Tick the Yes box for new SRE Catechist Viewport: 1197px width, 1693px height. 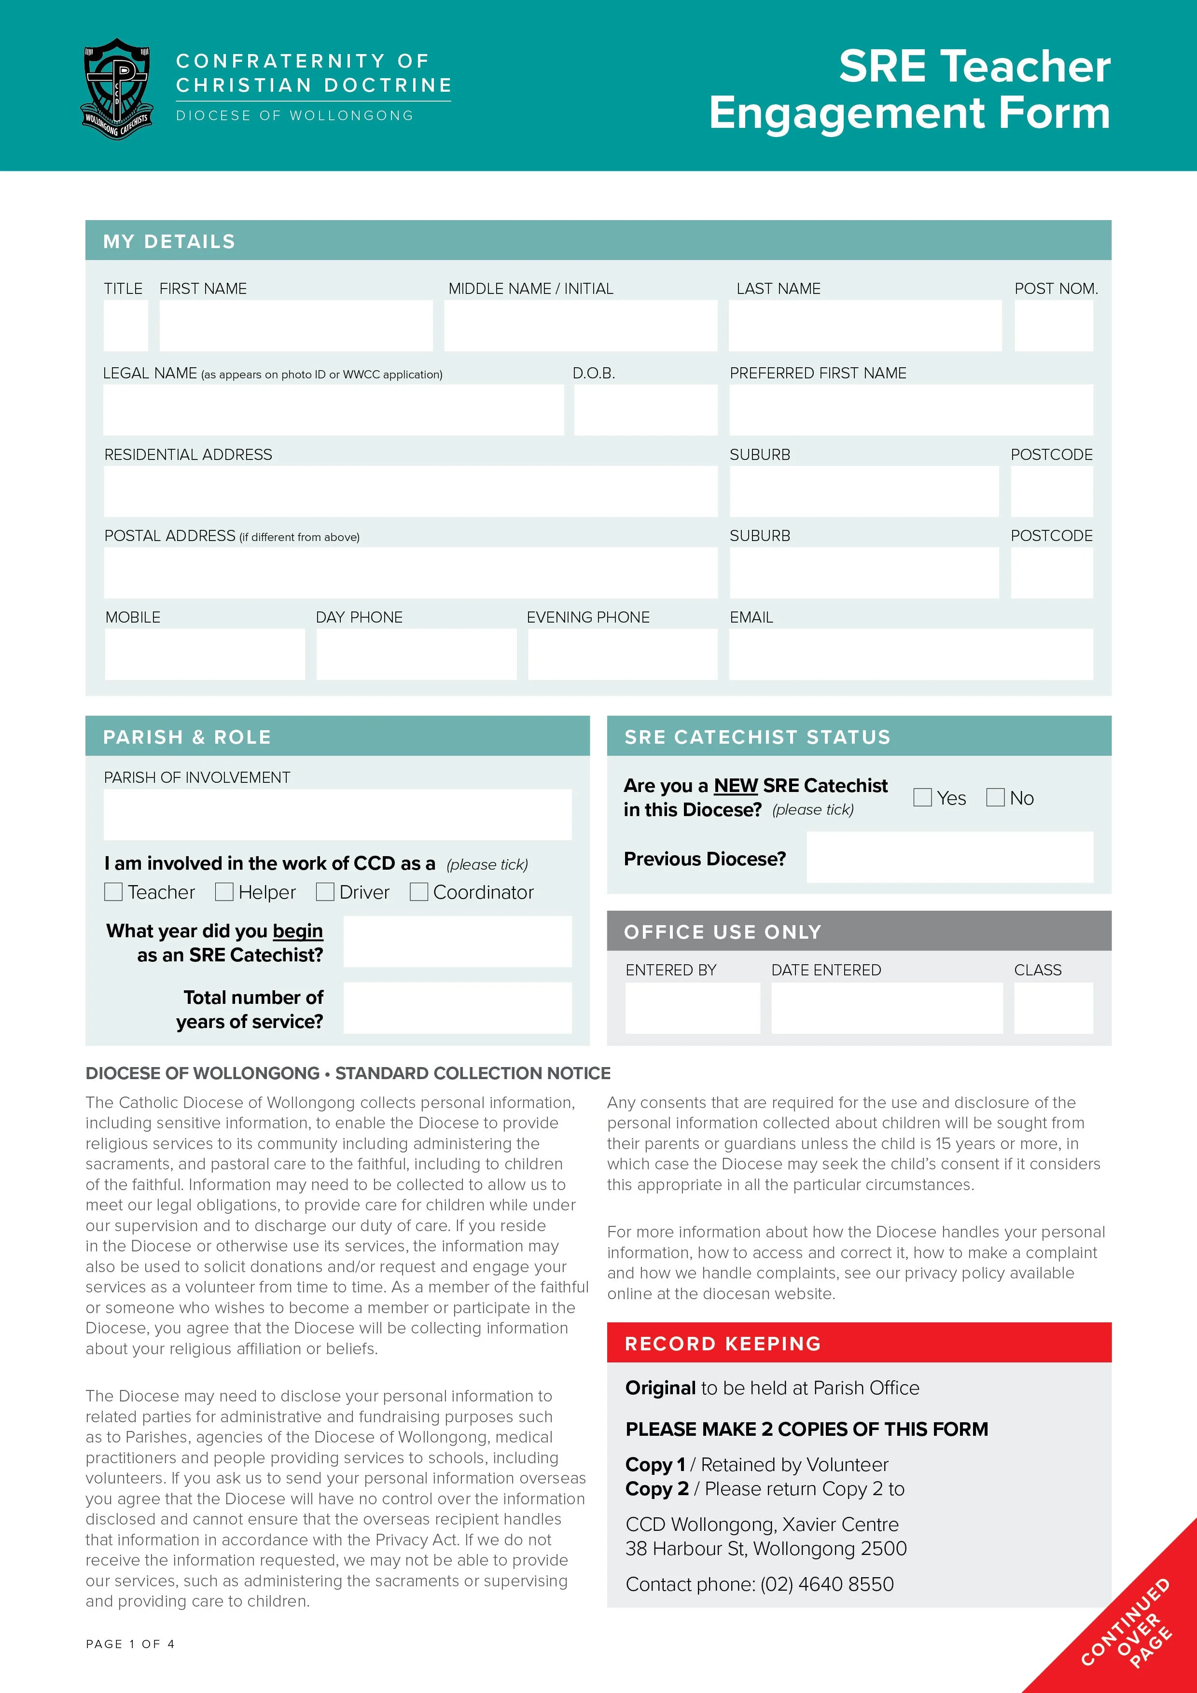coord(922,797)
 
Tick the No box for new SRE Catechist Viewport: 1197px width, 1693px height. coord(995,797)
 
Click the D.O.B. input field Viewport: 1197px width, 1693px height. coord(645,409)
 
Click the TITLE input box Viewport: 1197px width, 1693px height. coord(125,325)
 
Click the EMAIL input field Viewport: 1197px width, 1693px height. coord(911,654)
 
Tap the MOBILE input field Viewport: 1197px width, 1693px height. coord(205,654)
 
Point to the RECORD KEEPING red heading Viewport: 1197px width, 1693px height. coord(723,1344)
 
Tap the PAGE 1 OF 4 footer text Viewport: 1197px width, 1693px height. coord(130,1644)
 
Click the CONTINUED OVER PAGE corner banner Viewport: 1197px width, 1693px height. coord(1128,1626)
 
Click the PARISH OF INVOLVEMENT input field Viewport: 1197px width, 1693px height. coord(338,814)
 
